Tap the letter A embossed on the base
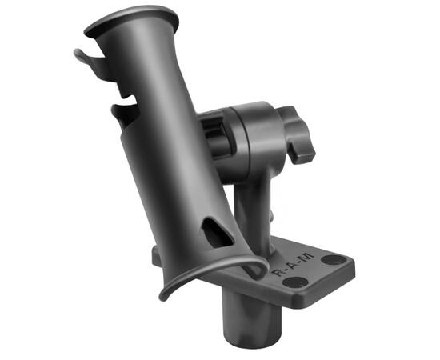click(294, 264)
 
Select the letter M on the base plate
click(306, 257)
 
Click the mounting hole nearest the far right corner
click(334, 259)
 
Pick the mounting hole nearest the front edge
click(295, 282)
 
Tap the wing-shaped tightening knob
click(297, 134)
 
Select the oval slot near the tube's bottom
click(217, 232)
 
